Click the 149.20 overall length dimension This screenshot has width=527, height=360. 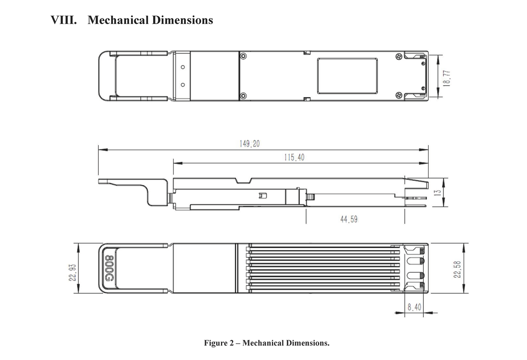pyautogui.click(x=249, y=144)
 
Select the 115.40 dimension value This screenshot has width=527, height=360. pyautogui.click(x=294, y=157)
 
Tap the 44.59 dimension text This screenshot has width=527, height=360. pyautogui.click(x=349, y=219)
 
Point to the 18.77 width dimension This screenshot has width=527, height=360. pyautogui.click(x=447, y=78)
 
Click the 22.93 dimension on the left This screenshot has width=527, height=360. pyautogui.click(x=72, y=273)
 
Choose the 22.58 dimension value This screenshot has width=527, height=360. pyautogui.click(x=457, y=269)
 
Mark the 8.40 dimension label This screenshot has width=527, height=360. pyautogui.click(x=414, y=307)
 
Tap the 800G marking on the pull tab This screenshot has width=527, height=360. pyautogui.click(x=109, y=269)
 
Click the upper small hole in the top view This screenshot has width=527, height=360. pyautogui.click(x=183, y=67)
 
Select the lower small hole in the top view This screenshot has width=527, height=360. pyautogui.click(x=183, y=85)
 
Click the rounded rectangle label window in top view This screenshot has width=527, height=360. pyautogui.click(x=347, y=76)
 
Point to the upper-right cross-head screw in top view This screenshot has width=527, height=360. pyautogui.click(x=399, y=57)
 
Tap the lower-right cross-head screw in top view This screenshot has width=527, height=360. pyautogui.click(x=399, y=95)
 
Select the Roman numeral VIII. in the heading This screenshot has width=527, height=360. pyautogui.click(x=64, y=20)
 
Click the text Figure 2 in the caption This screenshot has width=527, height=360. pyautogui.click(x=219, y=343)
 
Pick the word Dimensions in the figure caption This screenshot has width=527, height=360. pyautogui.click(x=307, y=343)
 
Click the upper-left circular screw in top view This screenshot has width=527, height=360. pyautogui.click(x=244, y=56)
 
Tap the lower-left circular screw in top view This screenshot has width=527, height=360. pyautogui.click(x=244, y=96)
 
